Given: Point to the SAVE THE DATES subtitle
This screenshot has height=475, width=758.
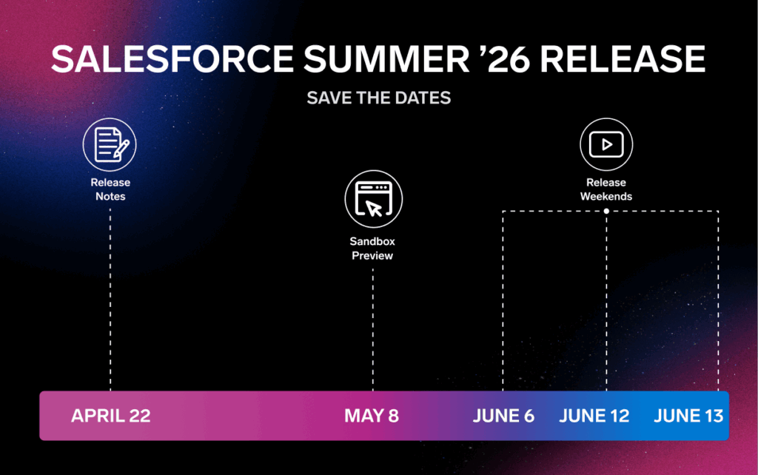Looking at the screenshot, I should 378,98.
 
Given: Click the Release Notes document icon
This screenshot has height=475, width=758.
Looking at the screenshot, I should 110,145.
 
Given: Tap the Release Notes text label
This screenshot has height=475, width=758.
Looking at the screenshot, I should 110,189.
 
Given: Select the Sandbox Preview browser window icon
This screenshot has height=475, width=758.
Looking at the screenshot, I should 373,200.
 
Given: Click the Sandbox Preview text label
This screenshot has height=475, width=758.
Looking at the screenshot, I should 372,249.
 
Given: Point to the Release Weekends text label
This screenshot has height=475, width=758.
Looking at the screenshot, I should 606,189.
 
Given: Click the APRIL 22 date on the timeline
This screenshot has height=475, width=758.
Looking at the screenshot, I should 110,416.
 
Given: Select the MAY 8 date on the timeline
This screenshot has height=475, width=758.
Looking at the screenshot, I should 372,416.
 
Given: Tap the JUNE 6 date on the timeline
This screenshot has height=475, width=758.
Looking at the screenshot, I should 503,416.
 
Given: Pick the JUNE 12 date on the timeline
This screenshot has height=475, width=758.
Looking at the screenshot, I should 594,416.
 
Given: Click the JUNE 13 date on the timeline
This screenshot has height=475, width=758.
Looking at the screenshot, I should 688,416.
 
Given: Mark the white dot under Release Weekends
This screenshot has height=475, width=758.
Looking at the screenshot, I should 606,212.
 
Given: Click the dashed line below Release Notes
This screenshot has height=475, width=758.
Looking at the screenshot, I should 110,296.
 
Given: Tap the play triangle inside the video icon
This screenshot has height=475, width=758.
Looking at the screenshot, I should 608,144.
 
